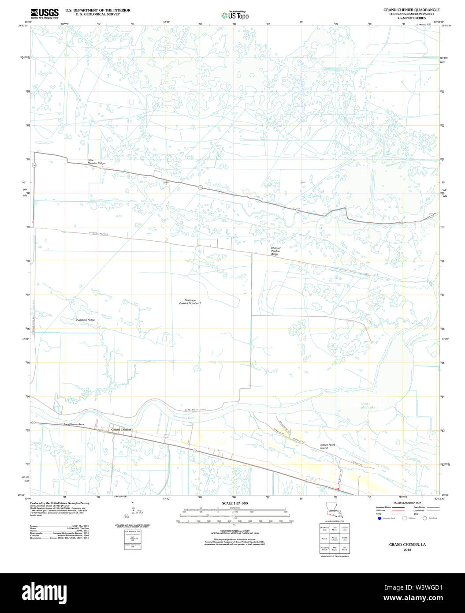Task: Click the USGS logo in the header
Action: click(45, 13)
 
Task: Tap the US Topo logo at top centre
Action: click(235, 15)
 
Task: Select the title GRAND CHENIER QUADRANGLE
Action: click(411, 10)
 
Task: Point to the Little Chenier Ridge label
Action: click(96, 162)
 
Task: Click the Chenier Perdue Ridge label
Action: click(275, 251)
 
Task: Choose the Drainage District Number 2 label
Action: click(190, 302)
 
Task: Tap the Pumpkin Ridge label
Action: click(85, 320)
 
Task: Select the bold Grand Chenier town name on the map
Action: click(121, 430)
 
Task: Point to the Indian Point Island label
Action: click(327, 446)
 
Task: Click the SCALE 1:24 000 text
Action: click(235, 503)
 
